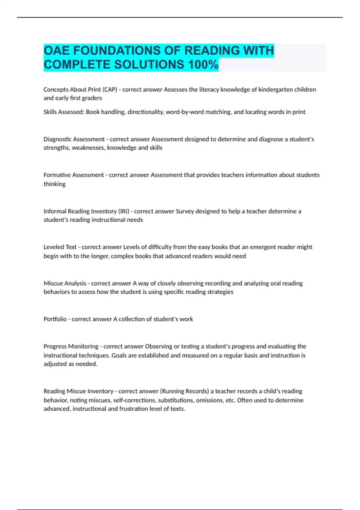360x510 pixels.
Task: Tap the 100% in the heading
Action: coord(203,64)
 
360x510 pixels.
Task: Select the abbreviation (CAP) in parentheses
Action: coord(109,89)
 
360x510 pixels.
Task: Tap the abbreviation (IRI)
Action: coord(124,211)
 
